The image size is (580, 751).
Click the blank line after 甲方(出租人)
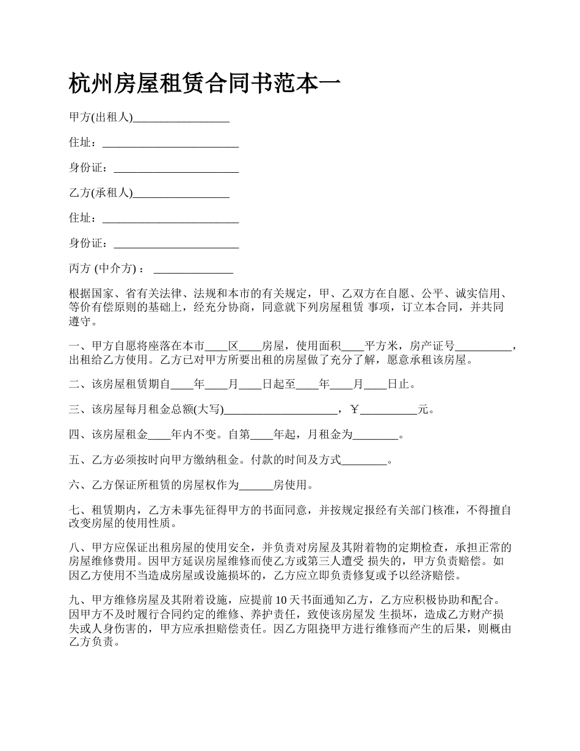pos(181,118)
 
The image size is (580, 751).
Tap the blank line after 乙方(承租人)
pos(181,194)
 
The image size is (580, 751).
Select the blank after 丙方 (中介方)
pos(194,269)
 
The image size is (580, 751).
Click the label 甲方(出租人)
pos(101,117)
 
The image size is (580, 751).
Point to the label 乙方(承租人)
pos(101,193)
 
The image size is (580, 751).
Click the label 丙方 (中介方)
pos(107,269)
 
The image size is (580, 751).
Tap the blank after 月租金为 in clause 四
pos(375,435)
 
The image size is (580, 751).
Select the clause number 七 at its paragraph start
pos(74,510)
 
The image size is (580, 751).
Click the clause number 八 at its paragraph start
pos(74,547)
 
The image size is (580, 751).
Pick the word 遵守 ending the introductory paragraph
pos(80,321)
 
